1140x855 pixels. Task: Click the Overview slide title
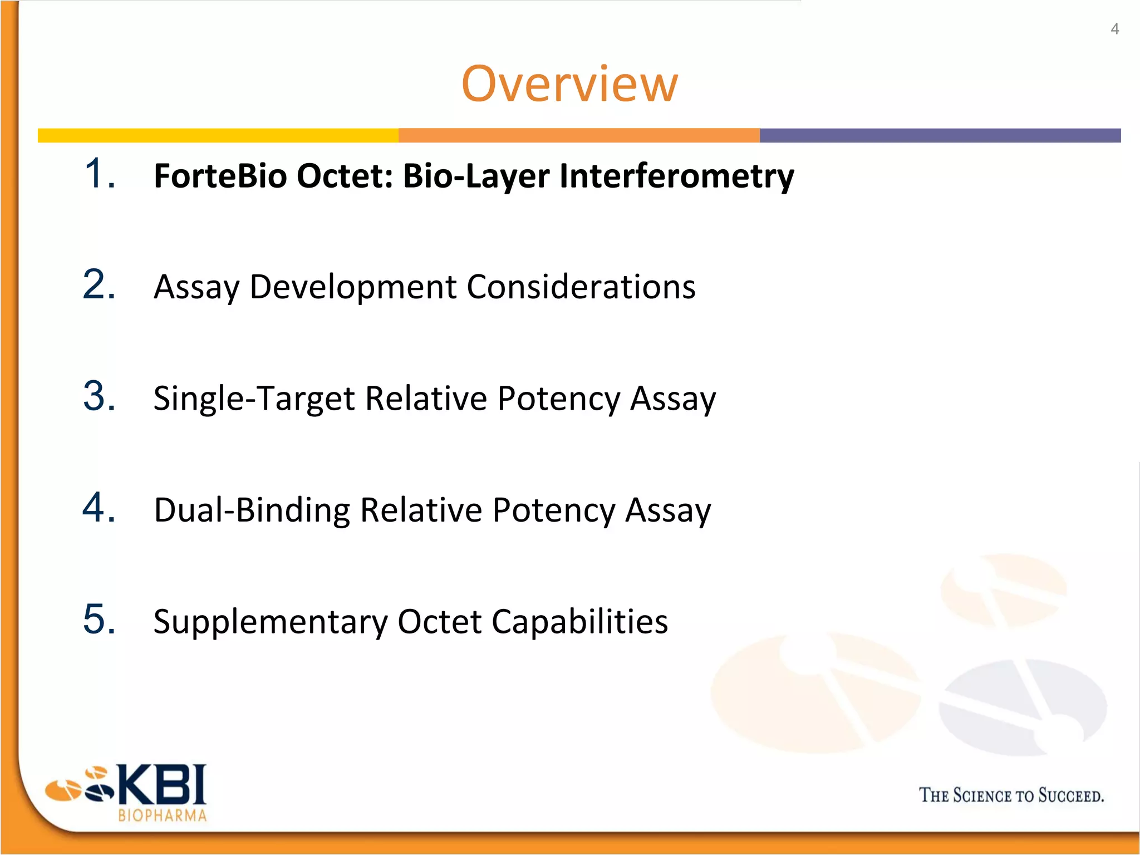569,85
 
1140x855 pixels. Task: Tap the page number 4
1114,29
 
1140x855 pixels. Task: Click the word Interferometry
676,176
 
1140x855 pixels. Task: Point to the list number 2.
99,285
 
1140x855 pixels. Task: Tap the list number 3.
99,397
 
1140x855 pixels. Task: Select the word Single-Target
254,399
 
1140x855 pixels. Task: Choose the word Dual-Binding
252,510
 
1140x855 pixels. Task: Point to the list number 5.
99,619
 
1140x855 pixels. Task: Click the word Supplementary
271,622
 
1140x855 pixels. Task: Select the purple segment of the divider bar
940,135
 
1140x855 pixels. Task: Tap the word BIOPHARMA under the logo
162,816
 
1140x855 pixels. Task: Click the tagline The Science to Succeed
1011,795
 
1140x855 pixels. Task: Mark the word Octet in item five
439,622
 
